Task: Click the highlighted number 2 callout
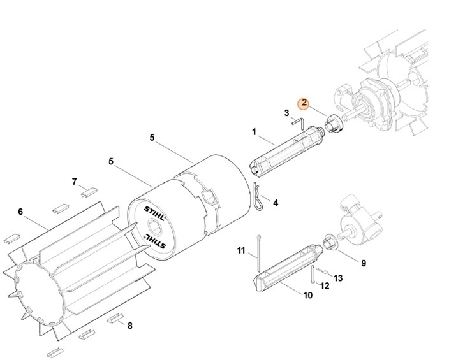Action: (304, 103)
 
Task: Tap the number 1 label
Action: (254, 132)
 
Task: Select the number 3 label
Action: (287, 113)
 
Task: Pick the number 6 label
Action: (20, 212)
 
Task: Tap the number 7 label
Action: (74, 182)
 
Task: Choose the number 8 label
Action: (130, 326)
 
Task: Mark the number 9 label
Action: (363, 263)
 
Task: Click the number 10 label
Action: (307, 295)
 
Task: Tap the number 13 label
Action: (338, 278)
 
